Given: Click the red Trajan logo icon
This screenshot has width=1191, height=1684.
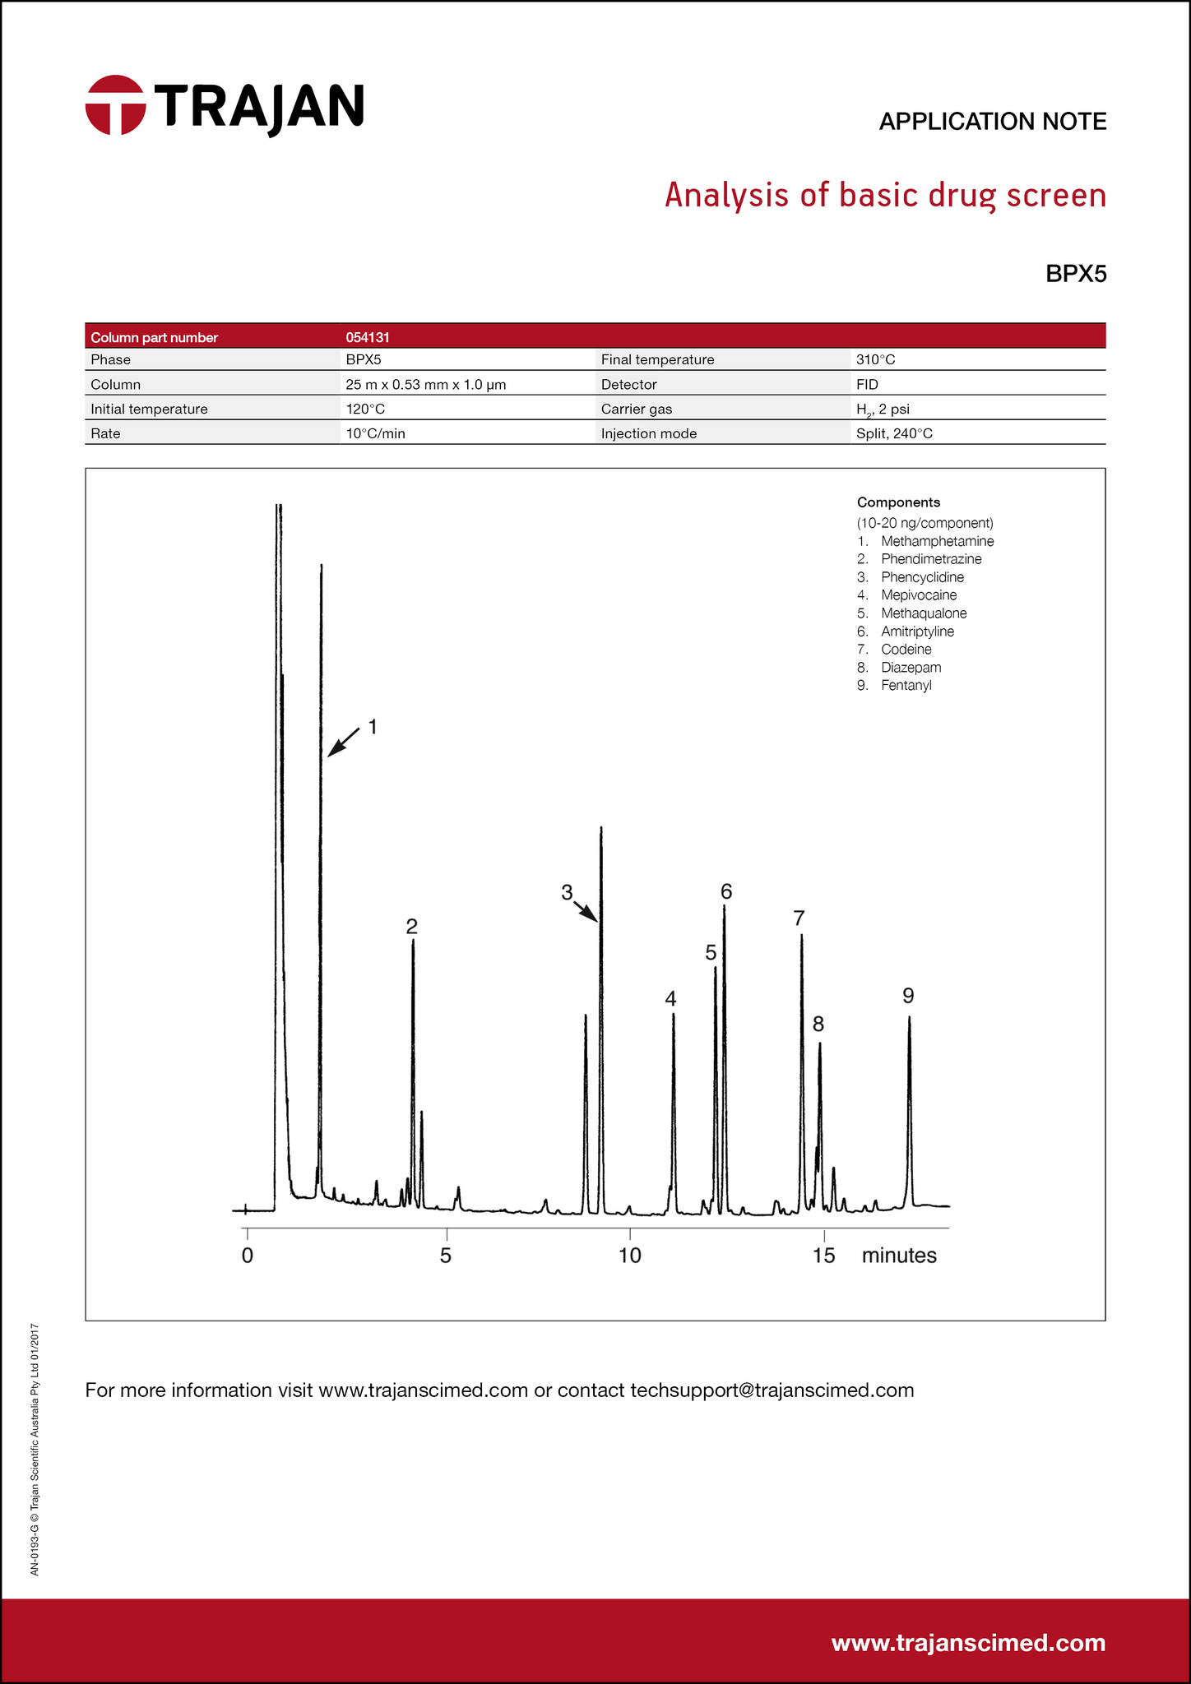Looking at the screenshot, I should [116, 105].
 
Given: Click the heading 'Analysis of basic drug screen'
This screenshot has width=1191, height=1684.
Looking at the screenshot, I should [885, 196].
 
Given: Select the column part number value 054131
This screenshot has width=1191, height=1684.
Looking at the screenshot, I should [368, 337].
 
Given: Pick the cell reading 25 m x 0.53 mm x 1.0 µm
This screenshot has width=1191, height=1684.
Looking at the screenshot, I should [425, 385].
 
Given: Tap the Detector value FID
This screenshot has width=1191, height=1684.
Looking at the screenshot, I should [867, 385].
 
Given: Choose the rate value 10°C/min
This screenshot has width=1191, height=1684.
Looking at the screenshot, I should [375, 434].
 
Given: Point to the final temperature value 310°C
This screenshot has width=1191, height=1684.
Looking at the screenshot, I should [875, 360].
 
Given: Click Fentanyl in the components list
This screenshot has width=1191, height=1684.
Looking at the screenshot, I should [906, 686].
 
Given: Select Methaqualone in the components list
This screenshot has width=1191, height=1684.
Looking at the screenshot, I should [924, 613].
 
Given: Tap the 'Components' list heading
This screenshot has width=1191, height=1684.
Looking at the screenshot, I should [898, 502].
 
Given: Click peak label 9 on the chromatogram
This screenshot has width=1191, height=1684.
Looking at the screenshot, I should [908, 996].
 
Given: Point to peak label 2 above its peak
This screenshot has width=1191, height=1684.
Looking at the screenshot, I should [412, 927].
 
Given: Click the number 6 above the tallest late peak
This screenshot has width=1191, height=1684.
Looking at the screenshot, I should [726, 891].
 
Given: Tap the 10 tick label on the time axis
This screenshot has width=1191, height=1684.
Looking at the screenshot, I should [629, 1256].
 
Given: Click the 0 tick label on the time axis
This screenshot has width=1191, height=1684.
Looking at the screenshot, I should [248, 1256].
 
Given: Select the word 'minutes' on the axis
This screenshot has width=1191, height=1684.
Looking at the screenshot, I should [899, 1256].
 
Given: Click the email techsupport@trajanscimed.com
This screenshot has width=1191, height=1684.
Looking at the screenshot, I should [772, 1390].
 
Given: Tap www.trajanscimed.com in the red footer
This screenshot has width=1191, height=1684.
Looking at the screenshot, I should [968, 1643].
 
